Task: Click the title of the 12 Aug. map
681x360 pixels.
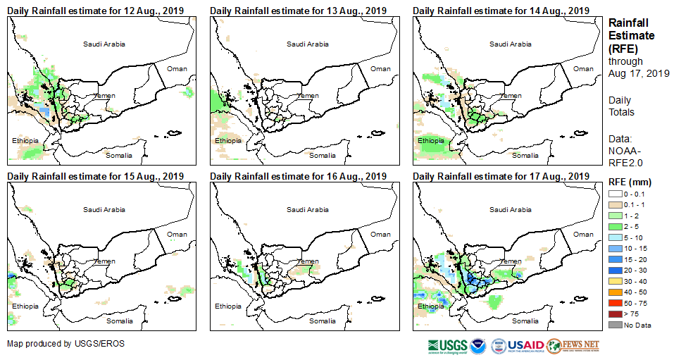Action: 95,11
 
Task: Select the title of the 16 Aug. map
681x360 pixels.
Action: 298,176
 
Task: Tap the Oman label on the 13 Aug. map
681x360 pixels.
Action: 380,68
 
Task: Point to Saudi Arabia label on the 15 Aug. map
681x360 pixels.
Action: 104,209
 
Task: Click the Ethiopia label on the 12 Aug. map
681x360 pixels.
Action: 25,141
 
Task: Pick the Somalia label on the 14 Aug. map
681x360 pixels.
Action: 525,155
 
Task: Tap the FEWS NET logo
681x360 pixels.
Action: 573,345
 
